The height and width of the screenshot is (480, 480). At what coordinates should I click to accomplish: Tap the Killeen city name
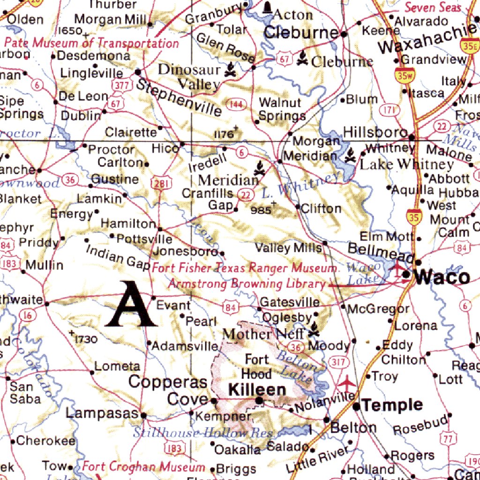point(257,390)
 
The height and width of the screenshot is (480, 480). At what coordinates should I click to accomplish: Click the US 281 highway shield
point(160,184)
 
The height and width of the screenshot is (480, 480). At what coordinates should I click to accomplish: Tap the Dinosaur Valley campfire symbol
point(230,71)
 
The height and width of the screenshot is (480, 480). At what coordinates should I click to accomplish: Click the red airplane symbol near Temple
point(346,382)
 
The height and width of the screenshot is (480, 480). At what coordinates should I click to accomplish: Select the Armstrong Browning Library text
point(247,284)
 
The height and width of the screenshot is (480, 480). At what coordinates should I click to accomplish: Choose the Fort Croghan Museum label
point(143,467)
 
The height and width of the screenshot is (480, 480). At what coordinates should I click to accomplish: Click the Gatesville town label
point(290,302)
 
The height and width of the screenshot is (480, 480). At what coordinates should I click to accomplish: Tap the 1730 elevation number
point(87,338)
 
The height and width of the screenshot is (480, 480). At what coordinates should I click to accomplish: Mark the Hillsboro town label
point(375,133)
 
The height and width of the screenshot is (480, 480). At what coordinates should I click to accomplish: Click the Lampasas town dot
point(144,415)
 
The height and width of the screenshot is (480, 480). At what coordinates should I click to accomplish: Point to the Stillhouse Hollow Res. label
point(202,432)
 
